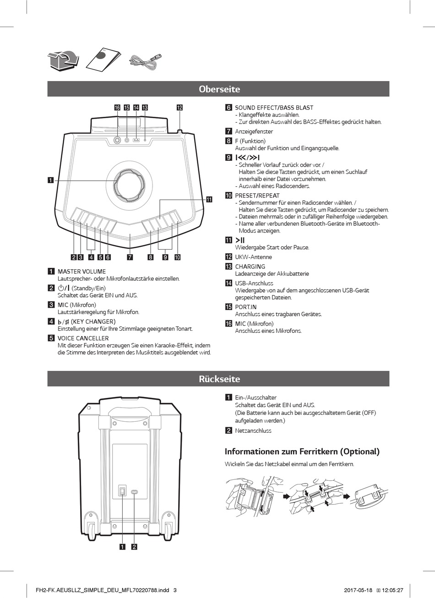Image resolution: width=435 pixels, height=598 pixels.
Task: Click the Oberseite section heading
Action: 219,89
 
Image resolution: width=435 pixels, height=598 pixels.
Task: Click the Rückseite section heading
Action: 219,379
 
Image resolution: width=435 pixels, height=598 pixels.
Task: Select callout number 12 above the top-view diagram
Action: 179,108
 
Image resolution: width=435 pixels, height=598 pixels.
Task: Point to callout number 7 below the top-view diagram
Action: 130,257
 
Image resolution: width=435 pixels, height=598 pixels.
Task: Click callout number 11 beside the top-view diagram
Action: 209,199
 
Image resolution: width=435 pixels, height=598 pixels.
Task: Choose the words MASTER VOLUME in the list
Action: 82,272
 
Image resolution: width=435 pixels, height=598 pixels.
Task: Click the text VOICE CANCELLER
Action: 83,338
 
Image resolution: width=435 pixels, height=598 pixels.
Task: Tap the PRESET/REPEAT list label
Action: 257,196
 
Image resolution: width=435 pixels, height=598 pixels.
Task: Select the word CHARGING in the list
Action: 250,266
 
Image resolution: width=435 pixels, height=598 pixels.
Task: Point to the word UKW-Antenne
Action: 253,257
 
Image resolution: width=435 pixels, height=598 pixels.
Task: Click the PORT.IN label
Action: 246,307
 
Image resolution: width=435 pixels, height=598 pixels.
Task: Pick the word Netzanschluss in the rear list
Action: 253,430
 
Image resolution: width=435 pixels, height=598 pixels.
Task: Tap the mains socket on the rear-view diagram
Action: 134,492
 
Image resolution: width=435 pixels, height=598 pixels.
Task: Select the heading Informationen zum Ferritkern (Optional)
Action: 302,451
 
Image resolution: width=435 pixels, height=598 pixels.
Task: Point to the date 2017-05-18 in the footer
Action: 358,590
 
